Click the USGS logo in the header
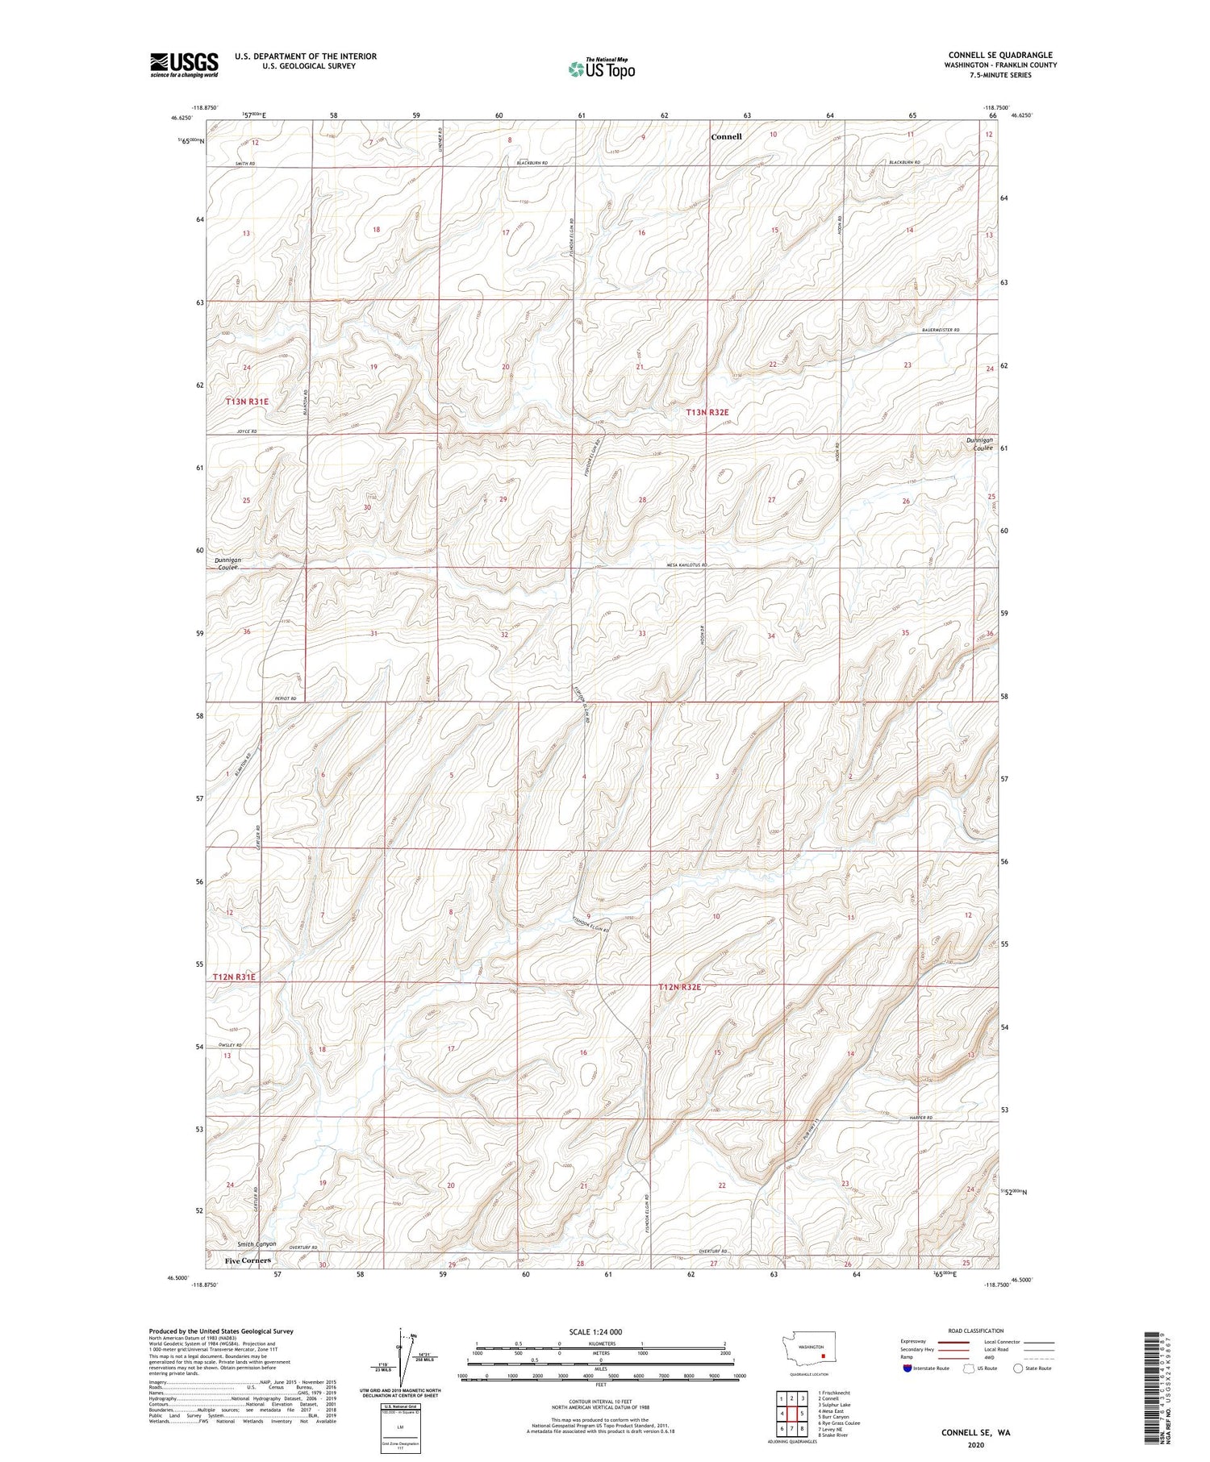coord(184,65)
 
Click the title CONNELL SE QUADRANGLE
coord(1000,56)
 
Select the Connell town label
coord(726,137)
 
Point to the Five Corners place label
coord(248,1260)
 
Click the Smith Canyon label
coord(251,1244)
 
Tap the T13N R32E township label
coord(713,412)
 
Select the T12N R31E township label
coord(235,977)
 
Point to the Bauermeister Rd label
coord(940,330)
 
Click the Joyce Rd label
coord(247,432)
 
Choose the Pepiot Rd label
coord(286,698)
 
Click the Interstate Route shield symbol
coord(907,1368)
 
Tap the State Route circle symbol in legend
coord(1019,1368)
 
